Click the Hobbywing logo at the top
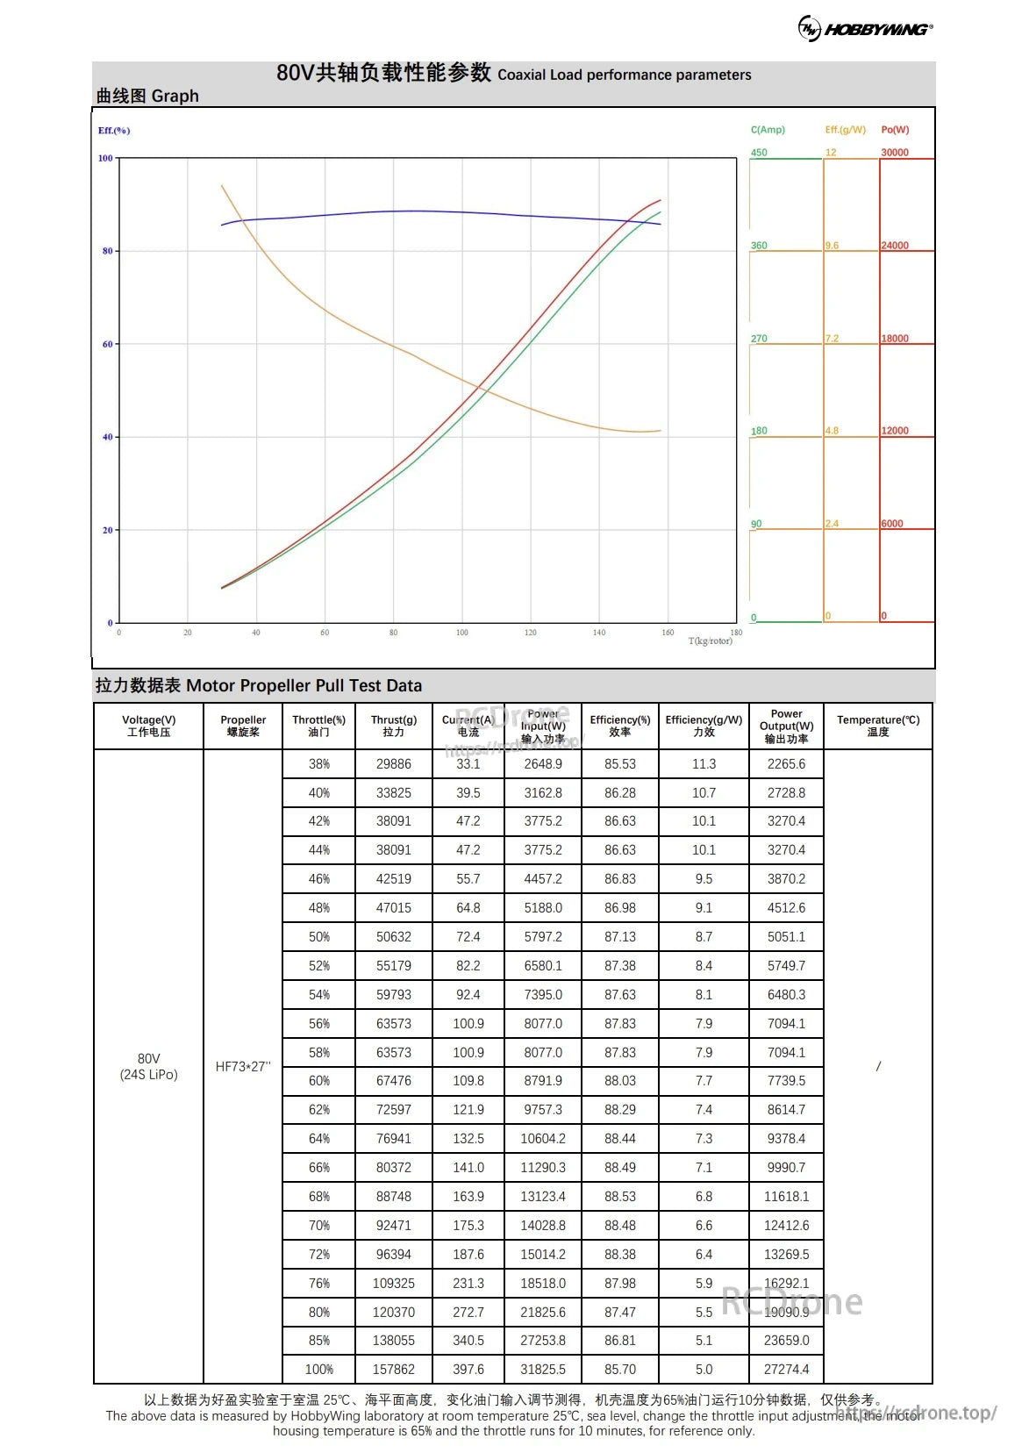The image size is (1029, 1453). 865,29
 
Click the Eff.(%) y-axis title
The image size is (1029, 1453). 114,131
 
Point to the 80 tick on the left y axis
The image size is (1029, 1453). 108,251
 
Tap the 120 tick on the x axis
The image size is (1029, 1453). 531,633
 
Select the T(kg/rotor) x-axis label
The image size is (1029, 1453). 710,641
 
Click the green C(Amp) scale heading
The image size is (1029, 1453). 768,130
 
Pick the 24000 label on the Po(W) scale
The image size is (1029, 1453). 895,246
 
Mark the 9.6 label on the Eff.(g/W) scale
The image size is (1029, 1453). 832,246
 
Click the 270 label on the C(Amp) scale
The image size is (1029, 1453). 759,339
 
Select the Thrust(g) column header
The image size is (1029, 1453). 393,726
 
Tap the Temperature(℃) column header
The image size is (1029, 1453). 878,726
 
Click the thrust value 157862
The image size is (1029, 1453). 393,1369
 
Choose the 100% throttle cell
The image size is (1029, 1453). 318,1369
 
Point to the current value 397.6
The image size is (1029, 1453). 468,1369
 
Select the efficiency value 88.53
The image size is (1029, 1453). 619,1196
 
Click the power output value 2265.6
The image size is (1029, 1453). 786,764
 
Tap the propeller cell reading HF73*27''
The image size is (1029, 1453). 243,1067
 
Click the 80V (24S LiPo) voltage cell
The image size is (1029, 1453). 148,1066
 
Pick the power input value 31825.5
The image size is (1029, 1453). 543,1369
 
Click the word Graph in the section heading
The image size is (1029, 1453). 175,96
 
